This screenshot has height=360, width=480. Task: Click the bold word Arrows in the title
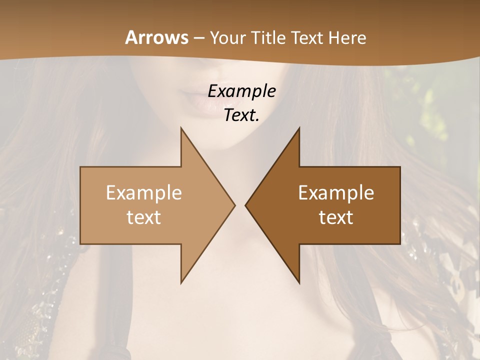click(156, 38)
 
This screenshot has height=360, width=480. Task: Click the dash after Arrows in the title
click(198, 38)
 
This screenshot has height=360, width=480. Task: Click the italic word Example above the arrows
click(242, 91)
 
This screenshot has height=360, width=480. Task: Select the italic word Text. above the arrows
click(242, 115)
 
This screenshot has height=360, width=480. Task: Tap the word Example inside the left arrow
click(144, 193)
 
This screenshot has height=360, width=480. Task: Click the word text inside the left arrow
click(144, 217)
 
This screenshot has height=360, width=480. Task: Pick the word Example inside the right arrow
click(336, 193)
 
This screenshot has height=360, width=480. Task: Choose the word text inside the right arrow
click(336, 217)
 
